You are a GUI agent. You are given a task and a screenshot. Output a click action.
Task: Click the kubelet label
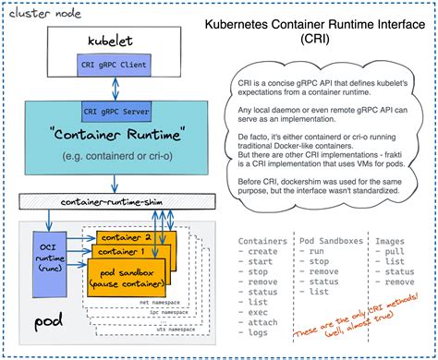[114, 43]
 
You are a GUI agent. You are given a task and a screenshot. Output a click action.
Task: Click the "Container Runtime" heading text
[114, 136]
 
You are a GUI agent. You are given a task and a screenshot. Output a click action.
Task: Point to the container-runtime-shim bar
[114, 200]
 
